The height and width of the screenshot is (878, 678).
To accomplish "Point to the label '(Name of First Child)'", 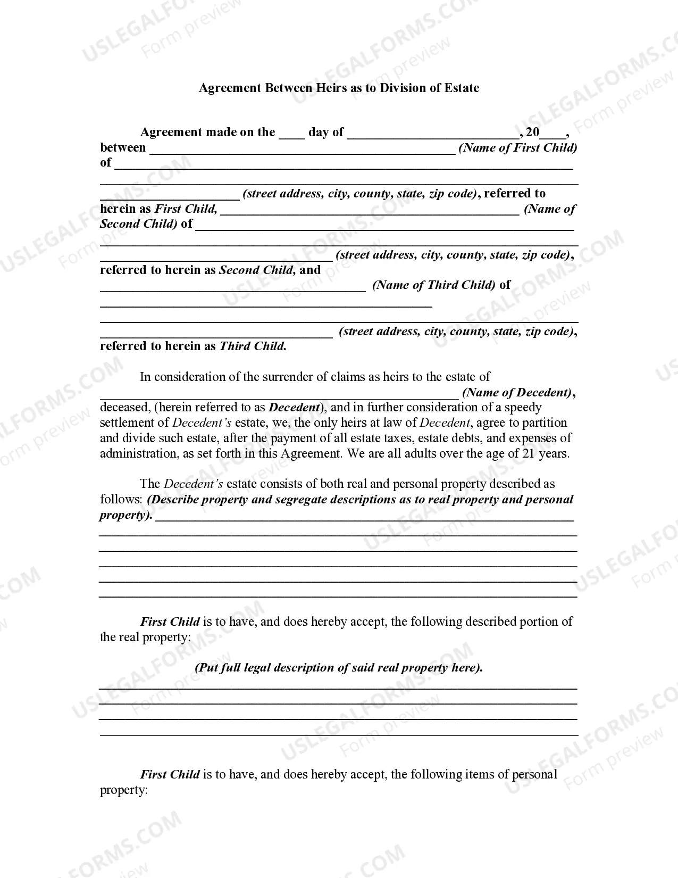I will coord(518,148).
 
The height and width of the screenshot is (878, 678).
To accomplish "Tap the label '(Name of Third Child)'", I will coord(434,285).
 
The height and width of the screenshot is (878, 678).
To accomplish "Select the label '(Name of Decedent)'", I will coord(517,393).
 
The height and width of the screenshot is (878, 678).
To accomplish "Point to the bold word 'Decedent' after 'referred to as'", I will coord(294,408).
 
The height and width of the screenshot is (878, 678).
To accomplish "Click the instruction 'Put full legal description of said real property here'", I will coord(339,668).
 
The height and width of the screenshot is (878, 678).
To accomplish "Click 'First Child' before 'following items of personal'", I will coord(170,775).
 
